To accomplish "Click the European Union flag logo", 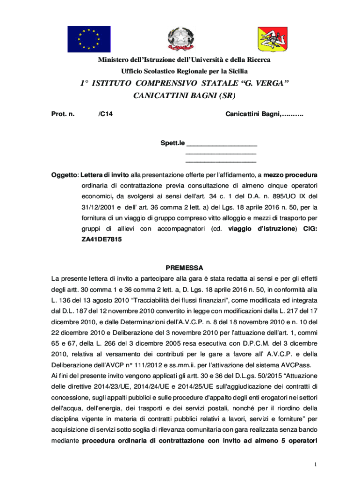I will coord(88,39).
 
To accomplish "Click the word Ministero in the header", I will coord(113,60).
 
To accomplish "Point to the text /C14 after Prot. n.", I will coord(106,114).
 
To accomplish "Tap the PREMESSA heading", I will coord(184,268).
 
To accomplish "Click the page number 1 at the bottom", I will coord(317,464).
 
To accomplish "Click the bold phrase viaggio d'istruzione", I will coord(262,229).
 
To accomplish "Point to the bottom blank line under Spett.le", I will coord(221,161).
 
